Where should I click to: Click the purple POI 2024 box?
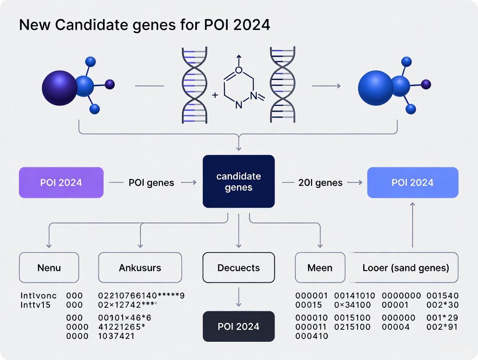click(x=61, y=183)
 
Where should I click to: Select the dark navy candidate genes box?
click(x=239, y=181)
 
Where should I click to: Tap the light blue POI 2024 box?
click(x=412, y=183)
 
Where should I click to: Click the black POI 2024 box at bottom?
click(x=239, y=326)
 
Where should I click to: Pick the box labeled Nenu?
click(x=49, y=268)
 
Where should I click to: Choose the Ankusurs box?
click(x=140, y=268)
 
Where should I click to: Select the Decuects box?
click(x=239, y=268)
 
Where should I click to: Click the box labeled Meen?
click(x=320, y=268)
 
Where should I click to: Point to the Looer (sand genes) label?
click(x=405, y=268)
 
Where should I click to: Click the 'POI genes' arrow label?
click(x=151, y=183)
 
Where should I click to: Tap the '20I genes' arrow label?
click(x=320, y=183)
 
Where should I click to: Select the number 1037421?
click(x=116, y=336)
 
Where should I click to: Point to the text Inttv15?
click(x=36, y=305)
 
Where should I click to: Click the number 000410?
click(x=312, y=336)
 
